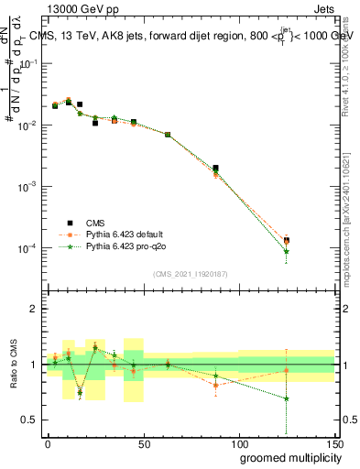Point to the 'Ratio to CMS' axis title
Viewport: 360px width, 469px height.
pos(12,365)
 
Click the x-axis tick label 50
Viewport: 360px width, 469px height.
pos(142,442)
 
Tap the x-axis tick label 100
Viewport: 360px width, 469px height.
pos(238,442)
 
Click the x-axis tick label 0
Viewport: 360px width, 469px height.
pos(48,442)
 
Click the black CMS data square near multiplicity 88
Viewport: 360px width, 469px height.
pos(215,169)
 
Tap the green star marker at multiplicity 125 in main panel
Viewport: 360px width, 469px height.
pos(287,251)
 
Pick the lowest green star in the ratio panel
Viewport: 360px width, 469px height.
pos(287,398)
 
